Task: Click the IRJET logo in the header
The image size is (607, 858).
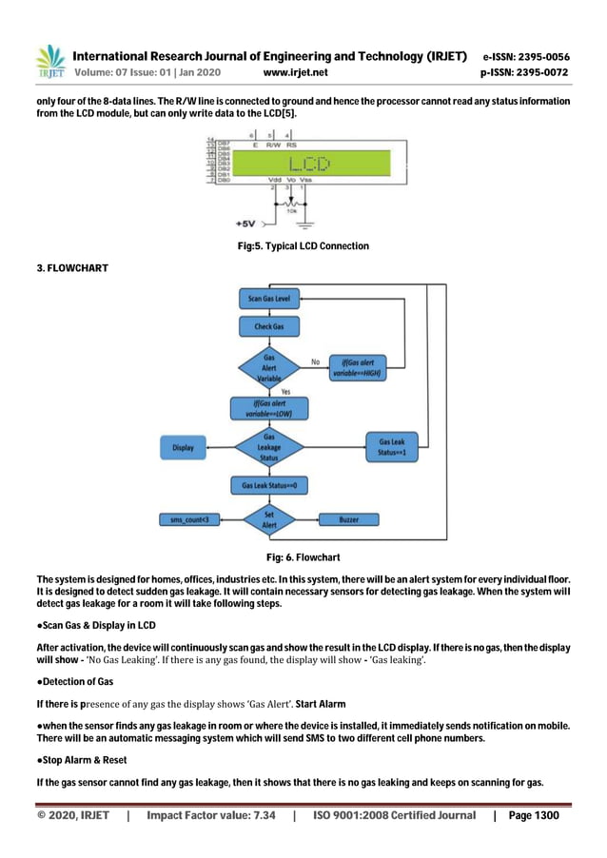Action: pos(49,62)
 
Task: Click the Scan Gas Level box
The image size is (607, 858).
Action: pos(269,300)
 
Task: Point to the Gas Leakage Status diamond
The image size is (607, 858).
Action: pos(269,447)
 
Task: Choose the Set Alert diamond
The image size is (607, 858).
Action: pos(269,519)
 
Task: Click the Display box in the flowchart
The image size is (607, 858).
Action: pos(184,447)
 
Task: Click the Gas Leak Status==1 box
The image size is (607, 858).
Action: pos(391,446)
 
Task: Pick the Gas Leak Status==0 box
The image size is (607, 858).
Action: pos(269,486)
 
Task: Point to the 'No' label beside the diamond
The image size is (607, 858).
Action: pos(315,361)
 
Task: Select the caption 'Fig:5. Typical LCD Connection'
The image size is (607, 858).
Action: pos(303,246)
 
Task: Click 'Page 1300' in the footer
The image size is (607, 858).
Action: pos(534,816)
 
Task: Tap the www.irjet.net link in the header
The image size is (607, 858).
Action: pos(295,72)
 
